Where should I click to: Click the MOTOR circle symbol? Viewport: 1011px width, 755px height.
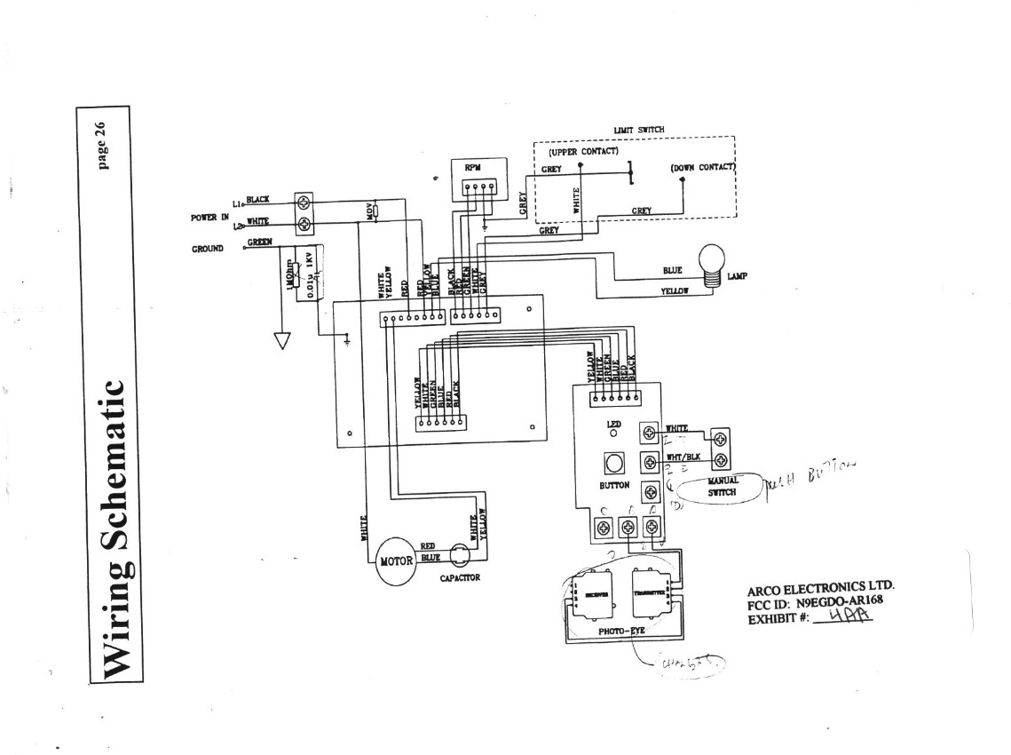click(x=395, y=561)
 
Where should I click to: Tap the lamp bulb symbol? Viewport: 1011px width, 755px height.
click(x=715, y=265)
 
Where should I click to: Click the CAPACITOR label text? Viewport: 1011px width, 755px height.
click(x=460, y=578)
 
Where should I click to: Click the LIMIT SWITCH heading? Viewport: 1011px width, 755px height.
click(x=638, y=130)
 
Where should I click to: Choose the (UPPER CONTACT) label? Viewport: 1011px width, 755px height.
click(x=577, y=151)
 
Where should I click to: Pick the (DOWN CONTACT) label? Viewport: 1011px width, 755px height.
click(x=703, y=167)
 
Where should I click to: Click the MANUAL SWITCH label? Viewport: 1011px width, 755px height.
click(x=723, y=485)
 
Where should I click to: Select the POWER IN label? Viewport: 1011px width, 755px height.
click(x=209, y=217)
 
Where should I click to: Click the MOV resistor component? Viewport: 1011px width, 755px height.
click(x=375, y=211)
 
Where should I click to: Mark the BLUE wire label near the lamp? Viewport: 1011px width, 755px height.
click(x=673, y=270)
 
